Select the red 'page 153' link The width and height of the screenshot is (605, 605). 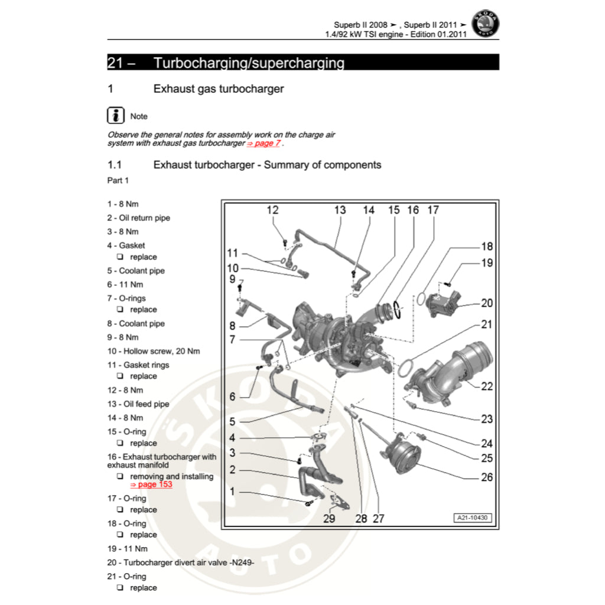[x=151, y=484]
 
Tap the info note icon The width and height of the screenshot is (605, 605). [x=116, y=115]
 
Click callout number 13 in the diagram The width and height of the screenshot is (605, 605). [x=340, y=210]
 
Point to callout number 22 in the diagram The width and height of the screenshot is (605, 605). [x=486, y=386]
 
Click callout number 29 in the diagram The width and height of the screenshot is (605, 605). [x=329, y=519]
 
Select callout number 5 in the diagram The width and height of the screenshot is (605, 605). [x=232, y=421]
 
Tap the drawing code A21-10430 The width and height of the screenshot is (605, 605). [x=473, y=518]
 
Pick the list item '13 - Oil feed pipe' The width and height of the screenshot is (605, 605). [x=138, y=404]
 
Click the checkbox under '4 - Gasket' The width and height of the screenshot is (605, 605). [x=119, y=257]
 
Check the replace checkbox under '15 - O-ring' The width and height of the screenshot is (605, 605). [x=119, y=443]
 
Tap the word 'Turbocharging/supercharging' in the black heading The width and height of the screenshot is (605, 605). [x=248, y=63]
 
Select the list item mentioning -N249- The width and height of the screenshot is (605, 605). [x=180, y=562]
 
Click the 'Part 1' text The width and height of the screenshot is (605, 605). [x=118, y=180]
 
